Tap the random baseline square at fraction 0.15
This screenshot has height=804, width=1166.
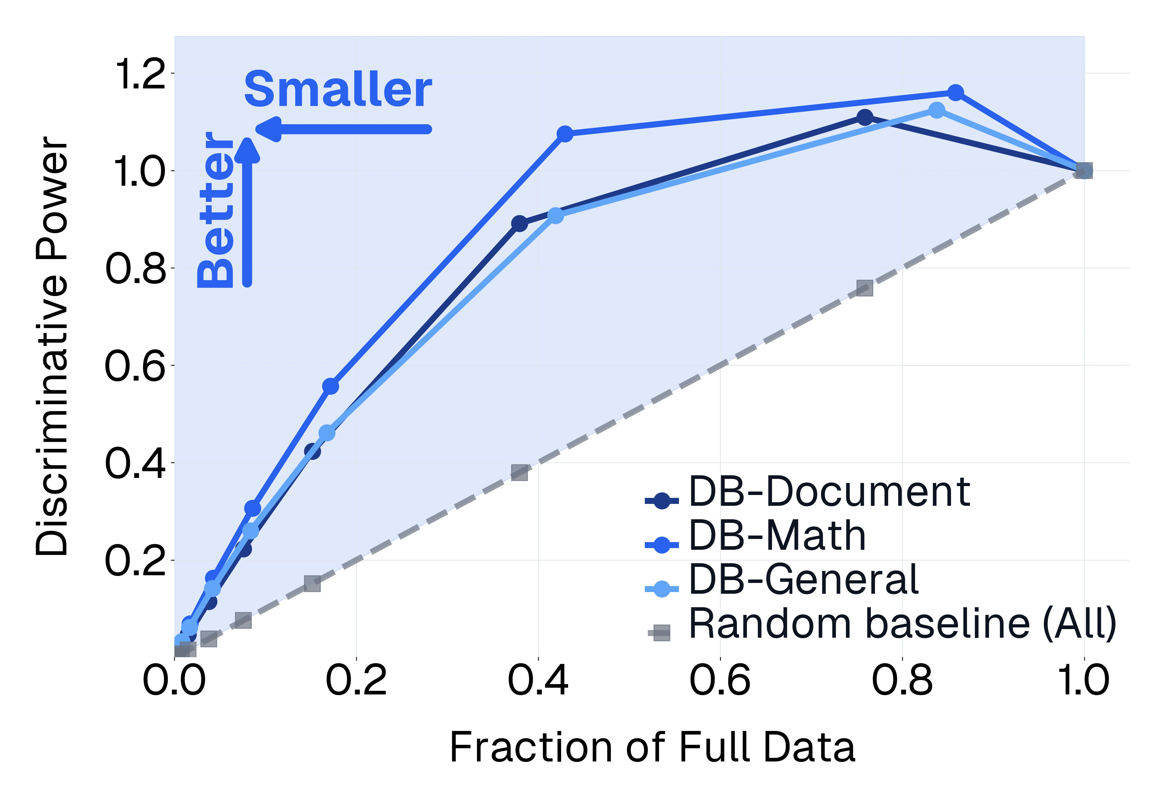pyautogui.click(x=312, y=584)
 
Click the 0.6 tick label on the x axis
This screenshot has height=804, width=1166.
pyautogui.click(x=720, y=680)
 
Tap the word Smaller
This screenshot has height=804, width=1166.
pyautogui.click(x=338, y=90)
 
